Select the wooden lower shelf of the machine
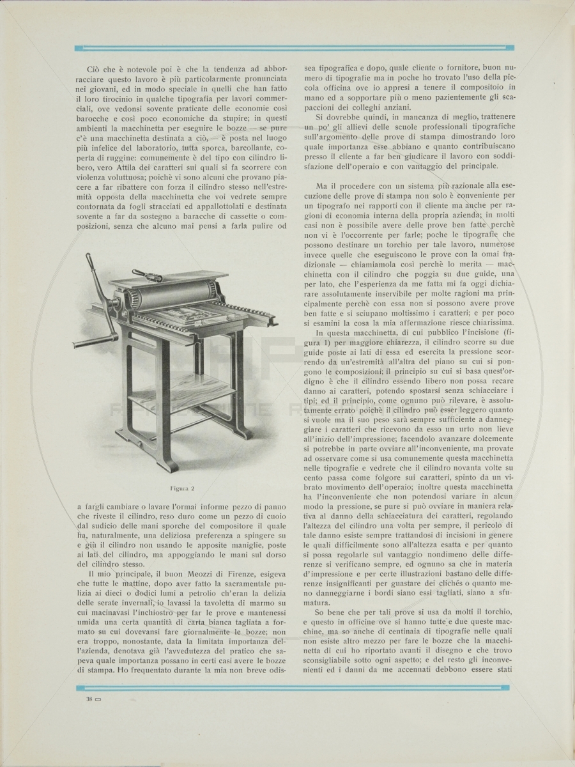[183, 387]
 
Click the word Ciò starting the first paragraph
[95, 68]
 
